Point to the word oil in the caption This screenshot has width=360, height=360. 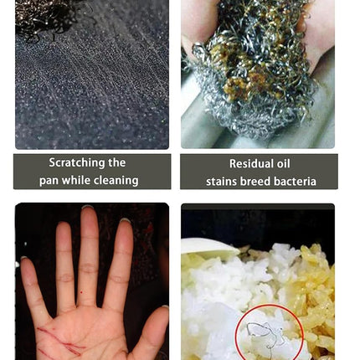pos(283,163)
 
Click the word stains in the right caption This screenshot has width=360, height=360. pos(221,182)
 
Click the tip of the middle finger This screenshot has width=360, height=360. pos(89,208)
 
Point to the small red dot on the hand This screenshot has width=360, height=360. pos(81,292)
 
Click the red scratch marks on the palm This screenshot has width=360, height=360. pos(60,341)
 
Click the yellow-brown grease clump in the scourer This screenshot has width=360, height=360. pos(245,81)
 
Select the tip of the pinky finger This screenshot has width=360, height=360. pos(24,260)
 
